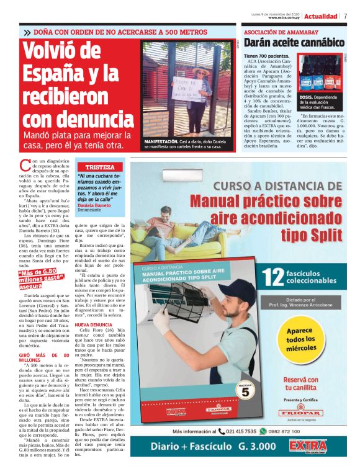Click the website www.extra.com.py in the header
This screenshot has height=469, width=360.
pos(284,18)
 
